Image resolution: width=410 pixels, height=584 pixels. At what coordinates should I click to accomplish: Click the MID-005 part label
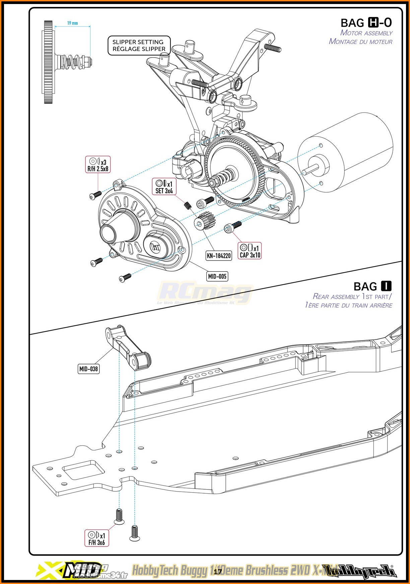(217, 276)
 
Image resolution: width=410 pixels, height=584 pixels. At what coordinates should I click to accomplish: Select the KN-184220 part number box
(219, 256)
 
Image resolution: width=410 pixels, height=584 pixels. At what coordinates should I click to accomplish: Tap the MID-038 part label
(88, 369)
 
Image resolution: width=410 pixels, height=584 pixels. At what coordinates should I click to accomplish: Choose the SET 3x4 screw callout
(164, 187)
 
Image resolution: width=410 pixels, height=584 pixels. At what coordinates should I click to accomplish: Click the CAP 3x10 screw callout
(250, 251)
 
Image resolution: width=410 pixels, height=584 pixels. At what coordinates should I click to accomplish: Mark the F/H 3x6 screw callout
(96, 538)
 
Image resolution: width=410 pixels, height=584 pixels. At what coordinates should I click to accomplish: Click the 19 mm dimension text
(72, 23)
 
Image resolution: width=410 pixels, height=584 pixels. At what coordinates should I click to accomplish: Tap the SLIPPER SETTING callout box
(139, 46)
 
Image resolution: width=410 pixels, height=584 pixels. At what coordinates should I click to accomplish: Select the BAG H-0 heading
(366, 23)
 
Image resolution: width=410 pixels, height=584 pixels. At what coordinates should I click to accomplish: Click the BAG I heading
(372, 287)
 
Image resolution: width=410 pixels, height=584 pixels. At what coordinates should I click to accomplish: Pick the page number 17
(218, 571)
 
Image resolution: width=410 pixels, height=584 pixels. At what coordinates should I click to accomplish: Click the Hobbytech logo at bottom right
(367, 571)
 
